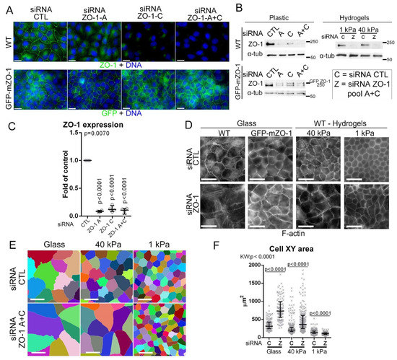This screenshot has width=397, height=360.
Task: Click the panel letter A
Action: [x=6, y=6]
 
